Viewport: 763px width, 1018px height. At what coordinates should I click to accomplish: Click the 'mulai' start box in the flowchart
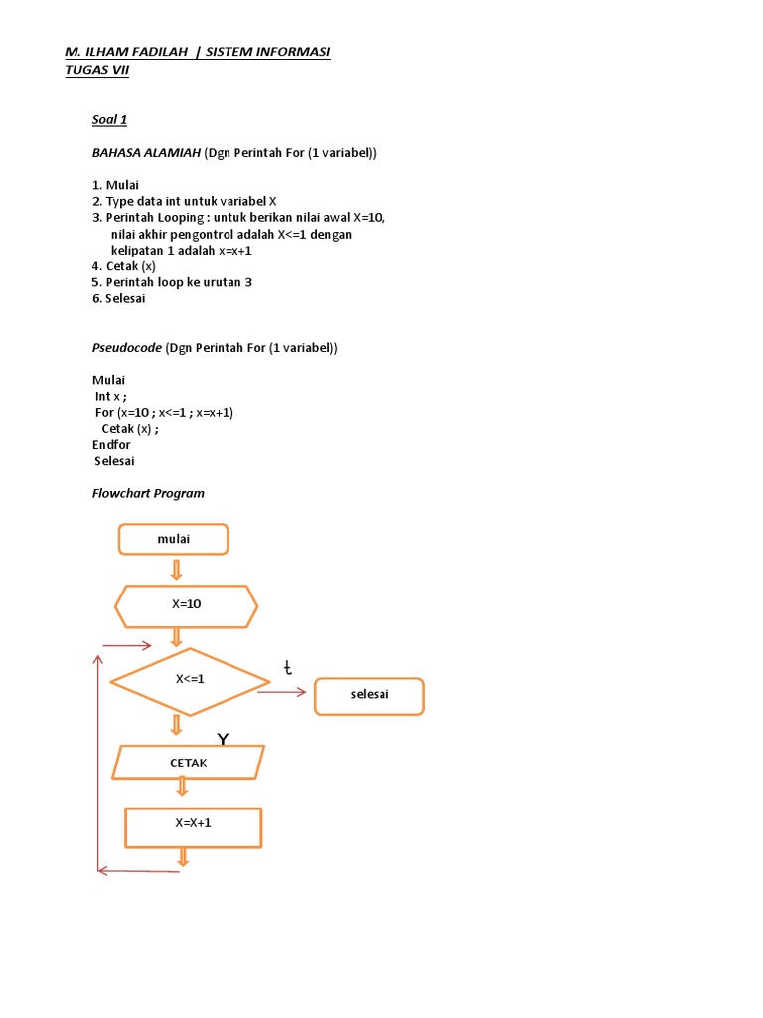173,539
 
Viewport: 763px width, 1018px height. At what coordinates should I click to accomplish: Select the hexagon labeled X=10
187,605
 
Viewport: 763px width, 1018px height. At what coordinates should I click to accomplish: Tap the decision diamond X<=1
190,681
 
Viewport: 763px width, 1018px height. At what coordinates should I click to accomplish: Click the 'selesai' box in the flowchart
369,696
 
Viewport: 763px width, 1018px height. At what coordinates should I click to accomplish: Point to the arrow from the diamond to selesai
282,692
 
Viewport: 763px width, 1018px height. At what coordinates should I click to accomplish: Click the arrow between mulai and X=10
177,570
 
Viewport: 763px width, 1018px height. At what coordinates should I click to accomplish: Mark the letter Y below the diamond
224,739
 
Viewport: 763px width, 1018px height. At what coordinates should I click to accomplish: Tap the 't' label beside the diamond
288,668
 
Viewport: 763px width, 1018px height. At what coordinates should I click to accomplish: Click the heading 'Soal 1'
109,120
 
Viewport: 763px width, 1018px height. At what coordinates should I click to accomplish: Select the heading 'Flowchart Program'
148,493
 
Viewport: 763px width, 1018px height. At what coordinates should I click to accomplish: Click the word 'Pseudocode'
126,348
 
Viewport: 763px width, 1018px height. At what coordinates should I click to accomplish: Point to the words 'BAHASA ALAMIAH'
146,152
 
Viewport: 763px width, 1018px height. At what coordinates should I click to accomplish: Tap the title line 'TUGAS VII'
96,70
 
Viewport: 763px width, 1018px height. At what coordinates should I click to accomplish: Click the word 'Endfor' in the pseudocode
111,445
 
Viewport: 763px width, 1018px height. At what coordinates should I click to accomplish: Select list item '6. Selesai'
118,298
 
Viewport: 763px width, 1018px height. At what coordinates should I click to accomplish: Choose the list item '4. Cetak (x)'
123,266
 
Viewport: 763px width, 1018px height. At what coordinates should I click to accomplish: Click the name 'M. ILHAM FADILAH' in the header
126,52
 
